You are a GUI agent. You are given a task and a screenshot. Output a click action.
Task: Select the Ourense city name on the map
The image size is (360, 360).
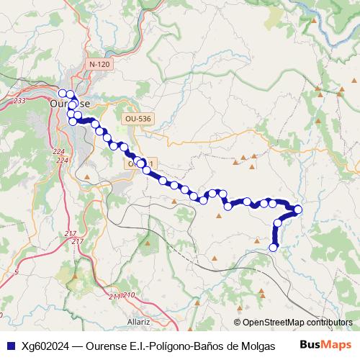click(x=71, y=104)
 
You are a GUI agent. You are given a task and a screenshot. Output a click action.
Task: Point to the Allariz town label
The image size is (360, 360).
click(x=138, y=322)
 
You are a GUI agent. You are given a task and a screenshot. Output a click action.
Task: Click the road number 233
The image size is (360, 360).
click(x=19, y=101)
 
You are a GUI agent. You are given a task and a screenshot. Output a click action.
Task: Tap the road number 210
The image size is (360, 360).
click(x=129, y=295)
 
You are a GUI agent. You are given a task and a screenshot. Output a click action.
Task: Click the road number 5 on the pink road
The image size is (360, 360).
click(x=16, y=273)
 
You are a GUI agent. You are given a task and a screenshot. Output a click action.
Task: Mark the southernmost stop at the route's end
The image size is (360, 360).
click(x=274, y=248)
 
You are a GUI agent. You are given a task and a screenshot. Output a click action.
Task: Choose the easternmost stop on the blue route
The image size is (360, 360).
click(x=298, y=210)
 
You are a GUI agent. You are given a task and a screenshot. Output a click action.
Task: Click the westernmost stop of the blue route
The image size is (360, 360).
click(x=62, y=93)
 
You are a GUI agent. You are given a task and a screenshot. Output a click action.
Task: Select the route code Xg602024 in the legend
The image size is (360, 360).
click(x=45, y=345)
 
